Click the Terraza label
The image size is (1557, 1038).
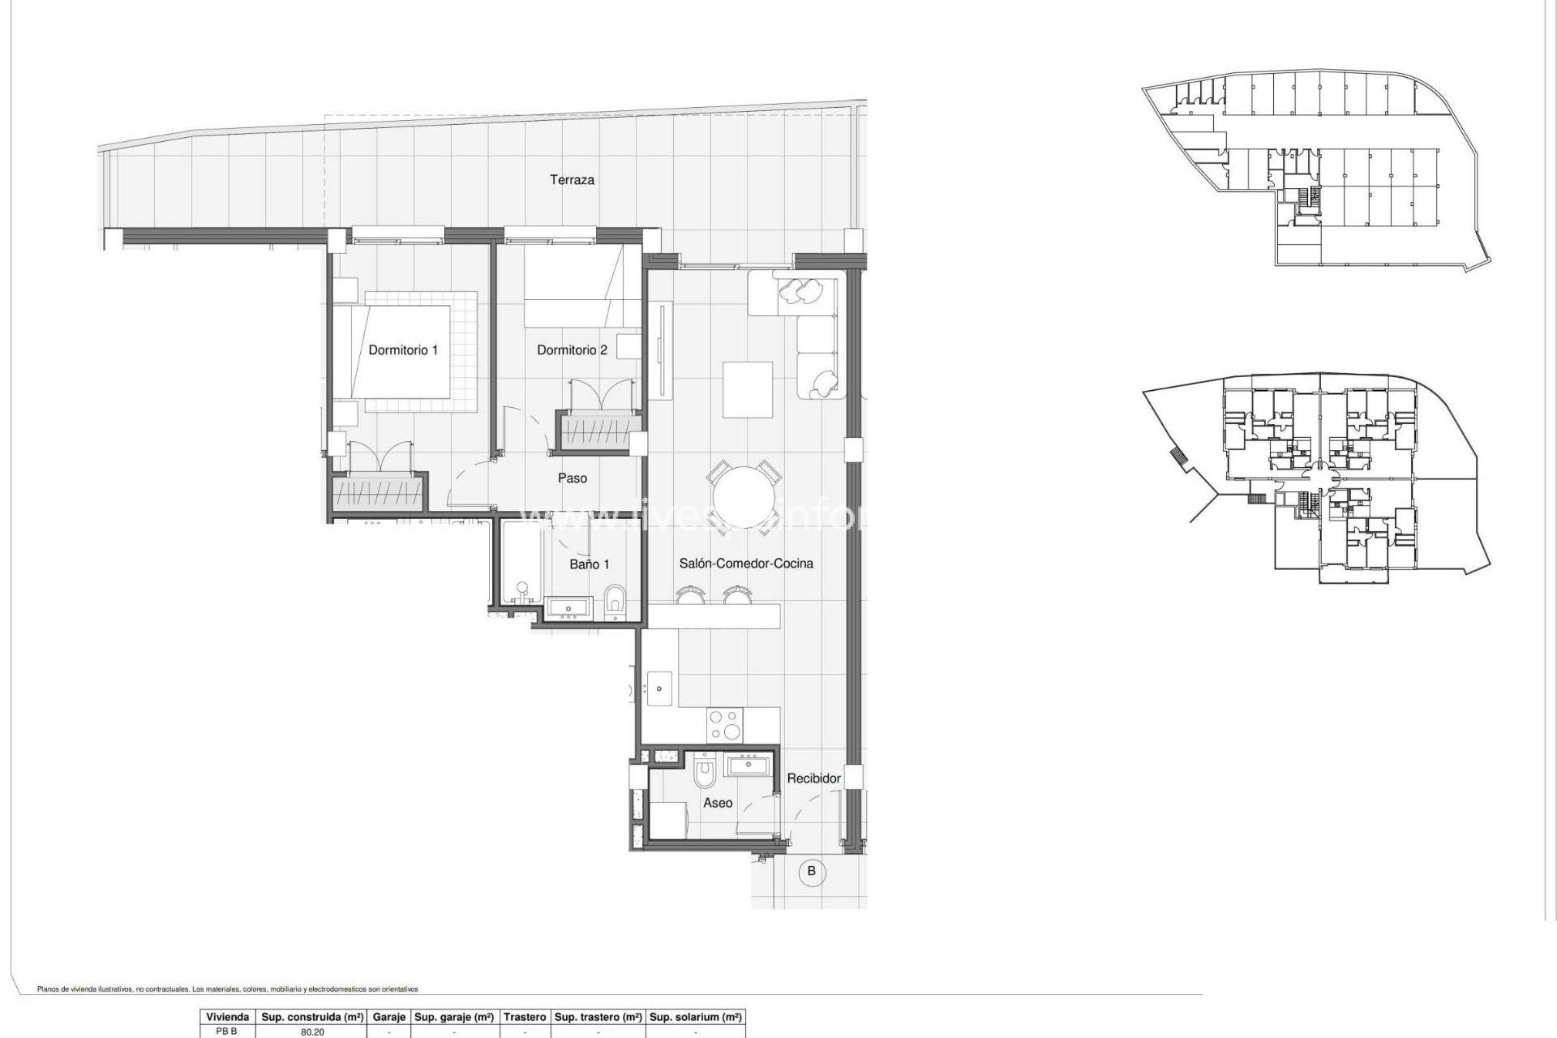(x=572, y=180)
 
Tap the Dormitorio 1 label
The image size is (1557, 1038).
(x=403, y=350)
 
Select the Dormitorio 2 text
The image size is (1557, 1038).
(x=572, y=350)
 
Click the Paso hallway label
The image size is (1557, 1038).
(x=572, y=478)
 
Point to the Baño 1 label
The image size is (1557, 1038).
(x=589, y=564)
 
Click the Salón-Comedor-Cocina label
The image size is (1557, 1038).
(x=745, y=564)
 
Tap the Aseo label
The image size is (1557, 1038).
(x=718, y=803)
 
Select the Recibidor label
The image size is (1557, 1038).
(x=813, y=778)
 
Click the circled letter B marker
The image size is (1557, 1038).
(x=811, y=872)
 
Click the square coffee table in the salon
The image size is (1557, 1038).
(x=747, y=389)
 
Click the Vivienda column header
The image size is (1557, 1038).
(x=227, y=1017)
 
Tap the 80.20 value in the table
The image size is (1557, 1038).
(x=312, y=1032)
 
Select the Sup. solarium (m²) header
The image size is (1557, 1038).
(x=696, y=1017)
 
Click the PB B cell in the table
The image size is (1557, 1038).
(x=227, y=1032)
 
